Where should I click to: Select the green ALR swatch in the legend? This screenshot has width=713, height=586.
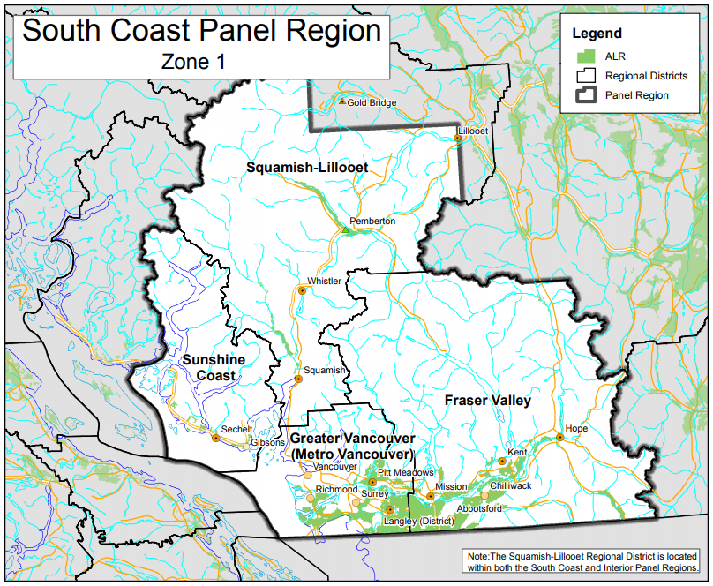coord(583,56)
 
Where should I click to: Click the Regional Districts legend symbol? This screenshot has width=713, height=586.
coord(583,76)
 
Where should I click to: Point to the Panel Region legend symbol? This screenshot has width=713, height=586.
coord(583,95)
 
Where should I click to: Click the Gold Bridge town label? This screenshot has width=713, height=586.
coord(372,102)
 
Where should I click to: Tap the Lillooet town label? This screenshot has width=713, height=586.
coord(472,130)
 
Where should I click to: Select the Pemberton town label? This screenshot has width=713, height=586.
coord(372,221)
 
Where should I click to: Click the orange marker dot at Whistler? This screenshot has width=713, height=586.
coord(302,289)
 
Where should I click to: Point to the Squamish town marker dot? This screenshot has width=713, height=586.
coord(298,379)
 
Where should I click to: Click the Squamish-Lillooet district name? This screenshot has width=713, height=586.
coord(306,166)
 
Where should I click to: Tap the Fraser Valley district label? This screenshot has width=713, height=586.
coord(487,401)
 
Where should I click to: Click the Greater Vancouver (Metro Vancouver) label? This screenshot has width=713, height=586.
coord(352,446)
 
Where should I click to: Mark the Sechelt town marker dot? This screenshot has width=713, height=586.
coord(215,437)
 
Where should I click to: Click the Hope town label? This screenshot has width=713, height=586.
coord(575,428)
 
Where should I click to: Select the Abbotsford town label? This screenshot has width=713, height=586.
coord(480,509)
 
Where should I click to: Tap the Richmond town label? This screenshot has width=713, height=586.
coord(336,489)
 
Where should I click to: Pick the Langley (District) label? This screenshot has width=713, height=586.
coord(417,522)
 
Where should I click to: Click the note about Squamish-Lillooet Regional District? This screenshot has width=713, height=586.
coord(582,561)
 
